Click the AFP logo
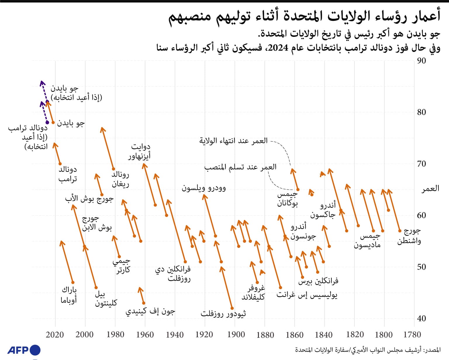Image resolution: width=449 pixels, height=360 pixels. tap(24, 350)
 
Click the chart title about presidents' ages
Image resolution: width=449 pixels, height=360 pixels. tap(304, 16)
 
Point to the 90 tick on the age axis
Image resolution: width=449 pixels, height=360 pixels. tap(421, 61)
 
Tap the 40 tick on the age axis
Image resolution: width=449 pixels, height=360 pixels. tap(421, 318)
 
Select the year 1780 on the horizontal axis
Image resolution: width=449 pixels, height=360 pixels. tap(412, 335)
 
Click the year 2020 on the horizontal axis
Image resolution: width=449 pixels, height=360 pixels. tap(55, 335)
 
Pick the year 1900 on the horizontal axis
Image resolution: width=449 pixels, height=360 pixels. tap(236, 335)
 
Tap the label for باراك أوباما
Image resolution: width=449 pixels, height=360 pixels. tap(69, 295)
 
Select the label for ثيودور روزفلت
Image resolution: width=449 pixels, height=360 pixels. tap(223, 314)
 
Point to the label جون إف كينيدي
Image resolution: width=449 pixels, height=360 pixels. tap(150, 311)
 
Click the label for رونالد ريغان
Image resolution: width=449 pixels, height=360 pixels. tap(120, 179)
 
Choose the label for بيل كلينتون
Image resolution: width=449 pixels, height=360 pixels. tap(106, 298)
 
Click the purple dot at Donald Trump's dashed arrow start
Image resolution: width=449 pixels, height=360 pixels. tap(47, 122)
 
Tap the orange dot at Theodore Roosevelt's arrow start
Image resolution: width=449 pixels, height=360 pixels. tap(232, 308)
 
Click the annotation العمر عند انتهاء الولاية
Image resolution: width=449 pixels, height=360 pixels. tap(233, 141)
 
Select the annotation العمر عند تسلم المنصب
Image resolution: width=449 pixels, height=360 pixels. tap(240, 167)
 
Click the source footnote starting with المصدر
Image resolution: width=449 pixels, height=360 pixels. tap(367, 350)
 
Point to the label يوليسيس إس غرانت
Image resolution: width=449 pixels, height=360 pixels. tap(307, 295)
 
